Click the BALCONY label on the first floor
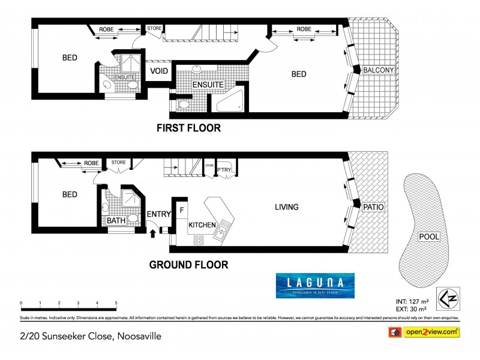pos(379,70)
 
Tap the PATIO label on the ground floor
pos(373,207)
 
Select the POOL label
pos(428,236)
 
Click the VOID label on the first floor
pos(159,71)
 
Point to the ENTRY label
pos(158,214)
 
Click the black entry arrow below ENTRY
pos(151,232)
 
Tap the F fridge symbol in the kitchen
pos(181,211)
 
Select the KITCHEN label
pos(202,225)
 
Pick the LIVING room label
pos(286,207)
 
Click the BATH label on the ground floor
pos(115,221)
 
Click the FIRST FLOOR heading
pos(188,128)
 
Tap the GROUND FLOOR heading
pos(188,264)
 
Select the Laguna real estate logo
pos(314,286)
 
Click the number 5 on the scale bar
pos(116,303)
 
